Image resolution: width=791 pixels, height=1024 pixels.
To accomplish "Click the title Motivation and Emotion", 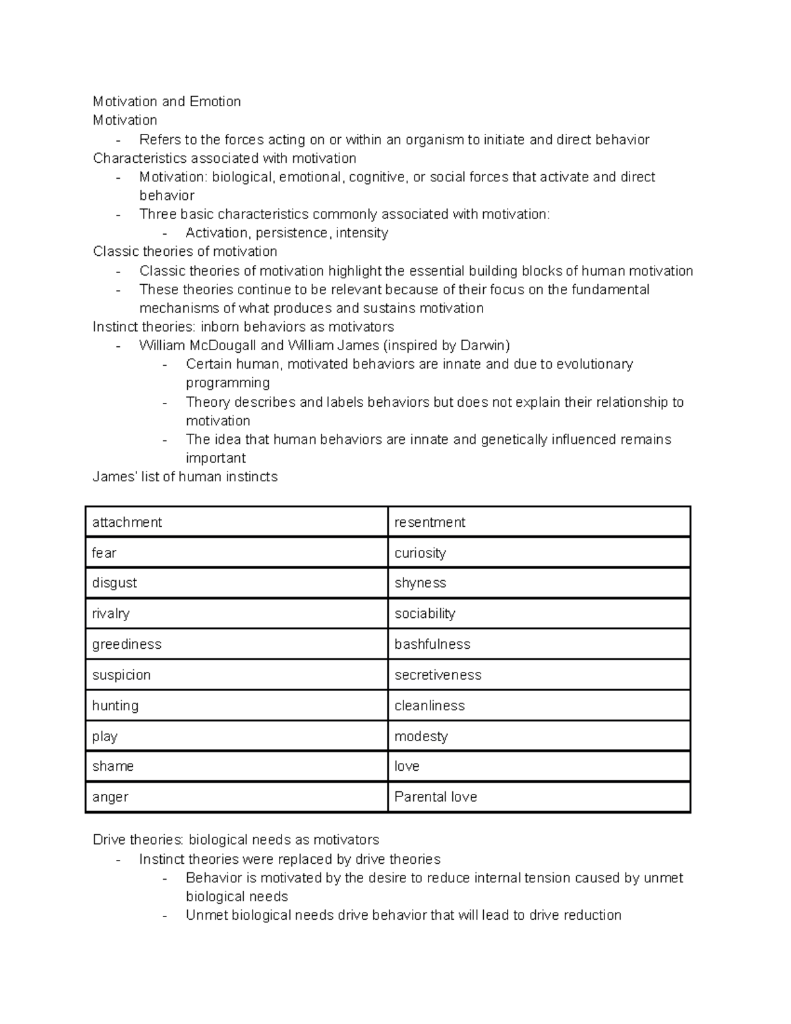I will coord(167,102).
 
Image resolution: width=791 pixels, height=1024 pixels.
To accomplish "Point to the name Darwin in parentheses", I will coord(483,346).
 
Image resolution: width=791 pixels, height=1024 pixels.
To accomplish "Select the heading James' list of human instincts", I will coord(185,477).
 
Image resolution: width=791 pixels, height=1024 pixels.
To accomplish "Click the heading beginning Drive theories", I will coord(236,840).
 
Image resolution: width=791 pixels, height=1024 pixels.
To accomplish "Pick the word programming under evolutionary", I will coord(227,383).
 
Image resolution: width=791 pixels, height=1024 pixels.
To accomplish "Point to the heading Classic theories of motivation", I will coord(185,252).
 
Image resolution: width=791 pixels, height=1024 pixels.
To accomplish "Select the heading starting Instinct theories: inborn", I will coord(243,327).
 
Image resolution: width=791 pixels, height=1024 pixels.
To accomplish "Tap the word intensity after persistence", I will coord(362,233).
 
